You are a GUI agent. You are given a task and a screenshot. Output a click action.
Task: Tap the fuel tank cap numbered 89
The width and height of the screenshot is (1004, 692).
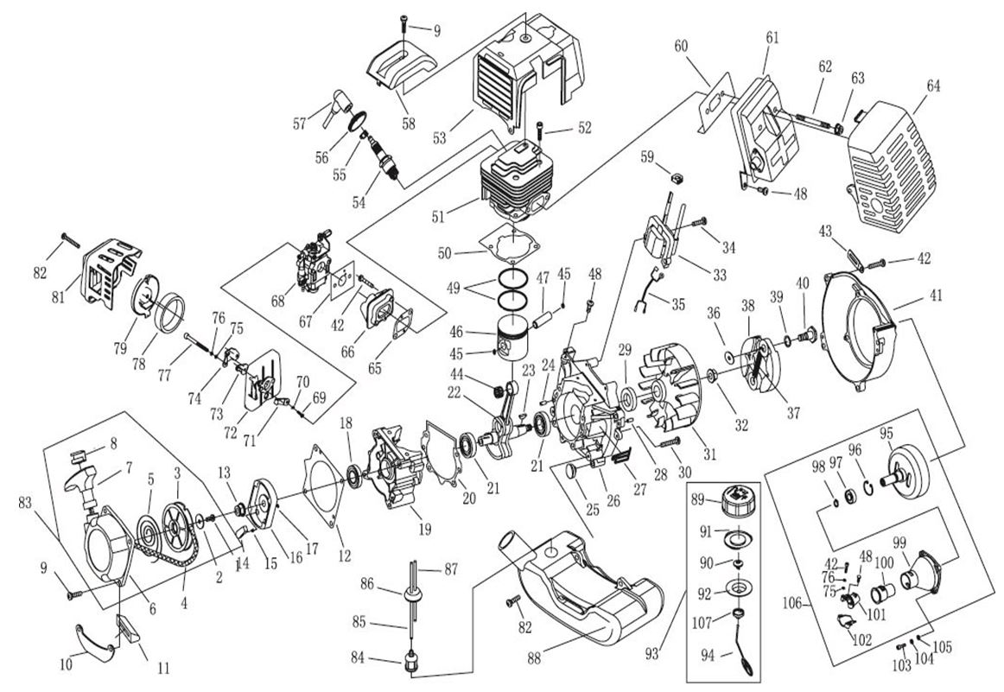[733, 504]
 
